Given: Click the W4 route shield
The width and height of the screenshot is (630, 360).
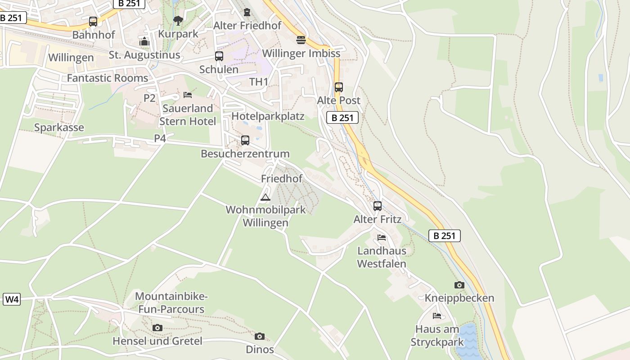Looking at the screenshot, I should pos(12,299).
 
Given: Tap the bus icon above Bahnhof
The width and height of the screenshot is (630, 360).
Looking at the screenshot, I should pos(93,21).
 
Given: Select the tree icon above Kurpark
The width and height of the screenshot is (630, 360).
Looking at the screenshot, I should pos(178,20).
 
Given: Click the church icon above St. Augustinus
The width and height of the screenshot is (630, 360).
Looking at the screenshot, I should pos(144,42).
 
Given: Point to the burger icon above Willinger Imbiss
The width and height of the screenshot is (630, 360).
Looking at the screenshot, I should pos(301,40).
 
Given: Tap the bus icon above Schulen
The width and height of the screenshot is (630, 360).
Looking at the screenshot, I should pos(219,56).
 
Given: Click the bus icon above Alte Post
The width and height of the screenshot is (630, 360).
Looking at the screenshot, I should pos(339,87).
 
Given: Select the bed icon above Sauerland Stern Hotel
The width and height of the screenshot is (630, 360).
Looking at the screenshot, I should pos(188,95).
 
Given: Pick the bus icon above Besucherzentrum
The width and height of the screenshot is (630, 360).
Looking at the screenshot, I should pos(245,140).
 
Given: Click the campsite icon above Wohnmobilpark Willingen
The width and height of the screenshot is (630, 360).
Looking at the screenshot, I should pos(265,197).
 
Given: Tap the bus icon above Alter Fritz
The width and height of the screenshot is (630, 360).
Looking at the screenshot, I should pos(378,206).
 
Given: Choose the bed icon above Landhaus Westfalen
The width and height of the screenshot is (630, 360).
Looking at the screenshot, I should pos(382,238).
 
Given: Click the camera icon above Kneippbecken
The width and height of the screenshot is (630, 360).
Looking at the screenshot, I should pos(459,285).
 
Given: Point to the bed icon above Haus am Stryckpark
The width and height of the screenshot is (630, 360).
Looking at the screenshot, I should pos(437,316).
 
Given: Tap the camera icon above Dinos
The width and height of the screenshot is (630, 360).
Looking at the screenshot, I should pos(260,336).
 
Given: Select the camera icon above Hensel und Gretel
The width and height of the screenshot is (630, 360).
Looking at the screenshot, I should pos(157,328).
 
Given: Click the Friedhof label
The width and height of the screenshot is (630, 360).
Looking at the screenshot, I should pos(282,179).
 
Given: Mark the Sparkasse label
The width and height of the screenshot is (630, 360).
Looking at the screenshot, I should pos(59,127).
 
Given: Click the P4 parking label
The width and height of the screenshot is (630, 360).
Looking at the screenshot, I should pos(160,138).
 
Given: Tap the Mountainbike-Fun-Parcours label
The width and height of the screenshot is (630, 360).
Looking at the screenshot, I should pos(171,303).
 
